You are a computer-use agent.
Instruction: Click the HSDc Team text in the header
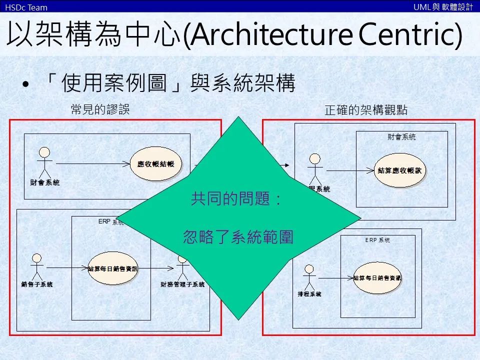click(x=26, y=7)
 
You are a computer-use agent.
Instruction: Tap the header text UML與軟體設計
click(x=443, y=7)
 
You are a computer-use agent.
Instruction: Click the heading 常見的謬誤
click(x=100, y=110)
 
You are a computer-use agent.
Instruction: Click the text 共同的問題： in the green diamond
click(x=237, y=200)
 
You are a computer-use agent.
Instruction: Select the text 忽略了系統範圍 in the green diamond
click(x=238, y=236)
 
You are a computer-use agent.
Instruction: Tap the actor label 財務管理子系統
click(x=182, y=284)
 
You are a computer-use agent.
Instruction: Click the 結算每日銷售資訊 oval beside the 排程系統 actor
click(x=377, y=277)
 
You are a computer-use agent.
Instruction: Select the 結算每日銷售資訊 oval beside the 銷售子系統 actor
click(x=112, y=269)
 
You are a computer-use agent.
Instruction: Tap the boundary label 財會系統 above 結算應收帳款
click(x=401, y=136)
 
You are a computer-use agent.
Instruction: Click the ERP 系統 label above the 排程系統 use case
click(x=377, y=240)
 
